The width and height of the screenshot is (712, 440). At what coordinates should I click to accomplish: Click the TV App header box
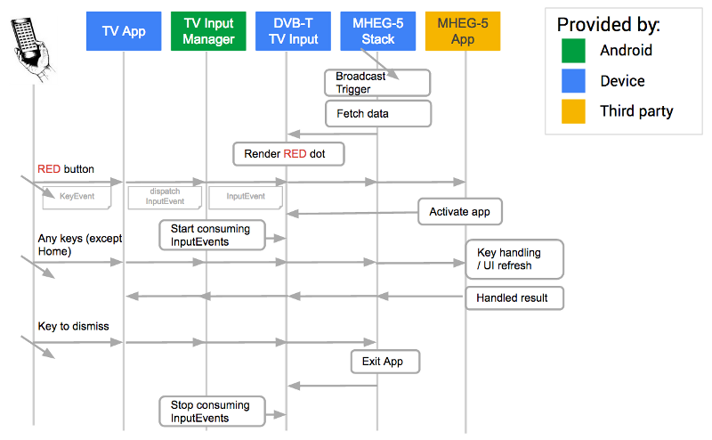124,31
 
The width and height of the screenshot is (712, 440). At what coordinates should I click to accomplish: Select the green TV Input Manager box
207,31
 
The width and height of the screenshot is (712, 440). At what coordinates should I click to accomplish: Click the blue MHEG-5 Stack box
377,31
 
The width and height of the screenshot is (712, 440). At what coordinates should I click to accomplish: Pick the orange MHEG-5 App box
463,31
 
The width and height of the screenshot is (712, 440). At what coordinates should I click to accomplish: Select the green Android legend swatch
574,51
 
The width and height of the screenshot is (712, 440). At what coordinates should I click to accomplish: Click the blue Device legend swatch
574,81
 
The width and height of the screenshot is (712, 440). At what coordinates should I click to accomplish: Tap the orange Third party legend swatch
574,111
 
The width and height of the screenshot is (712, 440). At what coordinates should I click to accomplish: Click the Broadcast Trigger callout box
377,83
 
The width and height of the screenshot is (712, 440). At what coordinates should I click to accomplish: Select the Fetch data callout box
377,114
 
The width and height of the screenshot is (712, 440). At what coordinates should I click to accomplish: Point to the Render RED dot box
288,154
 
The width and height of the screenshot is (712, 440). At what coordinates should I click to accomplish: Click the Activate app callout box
460,212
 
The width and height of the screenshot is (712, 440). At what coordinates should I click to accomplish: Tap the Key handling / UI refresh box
514,259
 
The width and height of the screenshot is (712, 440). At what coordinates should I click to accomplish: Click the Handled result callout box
514,297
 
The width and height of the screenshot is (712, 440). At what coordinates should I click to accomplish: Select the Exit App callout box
384,362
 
